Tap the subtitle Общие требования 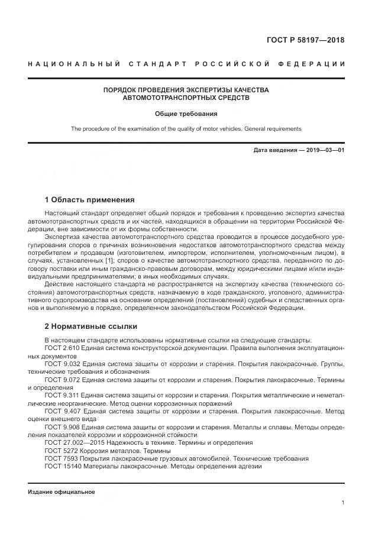[x=186, y=113]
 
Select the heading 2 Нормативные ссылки [x=82, y=326]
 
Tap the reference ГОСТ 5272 [x=59, y=450]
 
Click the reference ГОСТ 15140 [x=61, y=465]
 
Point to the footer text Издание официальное [x=62, y=492]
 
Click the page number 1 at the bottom [x=343, y=503]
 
